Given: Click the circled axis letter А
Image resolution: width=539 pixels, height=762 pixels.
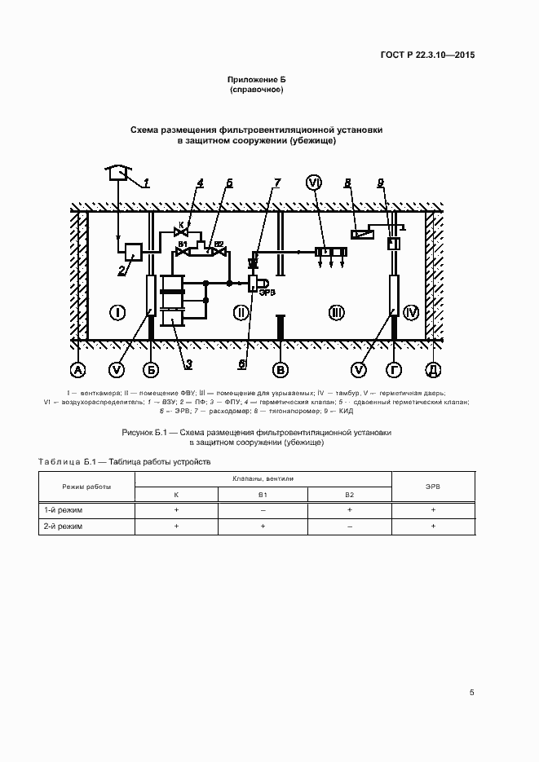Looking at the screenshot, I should pos(77,370).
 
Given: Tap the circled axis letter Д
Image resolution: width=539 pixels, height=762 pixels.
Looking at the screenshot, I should pos(434,370).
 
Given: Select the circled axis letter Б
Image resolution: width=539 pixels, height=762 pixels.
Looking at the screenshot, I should pos(151,370).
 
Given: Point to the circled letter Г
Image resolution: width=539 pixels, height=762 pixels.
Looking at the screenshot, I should pos(394,370).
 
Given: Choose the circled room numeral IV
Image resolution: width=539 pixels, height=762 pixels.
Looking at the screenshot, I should pos(411,311).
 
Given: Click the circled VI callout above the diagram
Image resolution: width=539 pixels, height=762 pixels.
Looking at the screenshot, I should pos(315,183).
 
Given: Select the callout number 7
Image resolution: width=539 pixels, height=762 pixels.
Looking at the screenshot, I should pos(276,183).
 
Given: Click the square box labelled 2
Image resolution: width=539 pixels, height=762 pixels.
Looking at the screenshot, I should pos(133,251).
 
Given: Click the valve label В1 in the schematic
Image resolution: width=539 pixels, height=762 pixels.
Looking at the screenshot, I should pos(183,244).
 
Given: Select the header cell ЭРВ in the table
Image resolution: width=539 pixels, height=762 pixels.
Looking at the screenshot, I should pos(433,487).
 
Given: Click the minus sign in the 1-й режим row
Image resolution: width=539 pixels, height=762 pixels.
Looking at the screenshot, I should pos(263,510).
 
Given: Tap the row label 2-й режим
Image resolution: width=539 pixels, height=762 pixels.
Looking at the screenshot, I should pos(63,527).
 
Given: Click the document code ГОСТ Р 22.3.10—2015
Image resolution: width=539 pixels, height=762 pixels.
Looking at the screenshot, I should pos(427,55).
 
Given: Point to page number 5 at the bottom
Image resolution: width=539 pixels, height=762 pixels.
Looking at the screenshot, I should pos(472,693).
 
